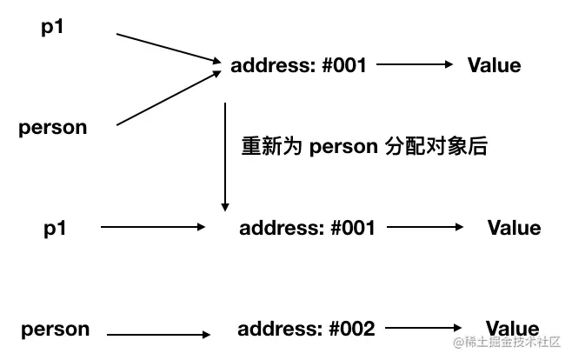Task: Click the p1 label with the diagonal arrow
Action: pos(53,28)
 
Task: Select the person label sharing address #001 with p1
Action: pos(53,128)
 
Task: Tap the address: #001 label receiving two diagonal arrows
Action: pos(298,65)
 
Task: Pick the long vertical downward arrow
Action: pos(225,157)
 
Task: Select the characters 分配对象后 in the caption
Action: pos(436,146)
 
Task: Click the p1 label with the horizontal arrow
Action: pos(56,228)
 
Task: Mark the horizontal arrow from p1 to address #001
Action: pos(153,228)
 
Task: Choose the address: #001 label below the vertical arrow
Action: pos(307,228)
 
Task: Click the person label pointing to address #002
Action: pos(56,329)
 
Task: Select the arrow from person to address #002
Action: pos(160,333)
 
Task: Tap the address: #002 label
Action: pos(306,329)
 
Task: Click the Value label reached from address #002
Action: pos(512,329)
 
